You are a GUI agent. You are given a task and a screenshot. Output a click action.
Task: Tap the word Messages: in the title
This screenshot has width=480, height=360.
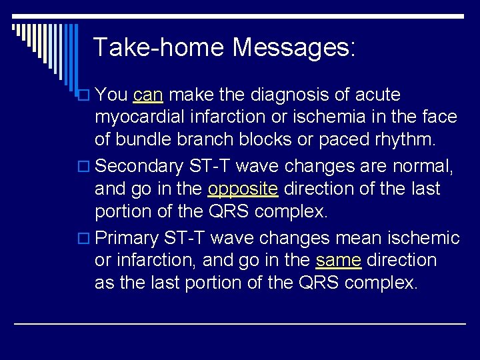pyautogui.click(x=295, y=47)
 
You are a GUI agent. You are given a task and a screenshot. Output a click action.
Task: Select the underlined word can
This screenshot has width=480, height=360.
pyautogui.click(x=147, y=95)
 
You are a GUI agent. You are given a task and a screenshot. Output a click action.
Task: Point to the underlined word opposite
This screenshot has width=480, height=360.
pyautogui.click(x=243, y=189)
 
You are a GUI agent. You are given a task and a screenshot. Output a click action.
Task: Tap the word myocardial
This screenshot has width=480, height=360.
pyautogui.click(x=139, y=118)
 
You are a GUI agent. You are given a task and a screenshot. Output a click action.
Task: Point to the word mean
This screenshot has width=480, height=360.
pyautogui.click(x=355, y=238)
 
